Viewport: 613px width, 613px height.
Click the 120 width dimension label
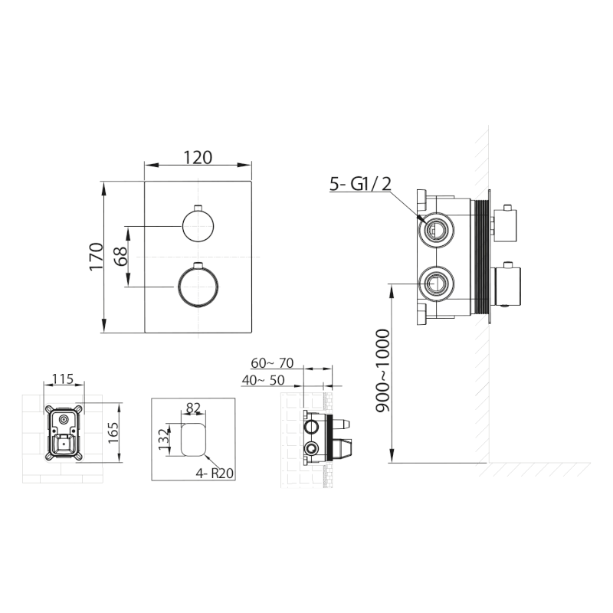198,157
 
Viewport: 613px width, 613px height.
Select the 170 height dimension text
97,256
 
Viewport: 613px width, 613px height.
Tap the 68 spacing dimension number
121,257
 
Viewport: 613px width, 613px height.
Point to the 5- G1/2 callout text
360,184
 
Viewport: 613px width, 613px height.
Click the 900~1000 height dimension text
382,371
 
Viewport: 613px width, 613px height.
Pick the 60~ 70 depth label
272,363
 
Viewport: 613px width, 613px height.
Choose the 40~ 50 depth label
263,380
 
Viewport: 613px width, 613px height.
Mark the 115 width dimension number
63,379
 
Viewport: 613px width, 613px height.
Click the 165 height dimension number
113,432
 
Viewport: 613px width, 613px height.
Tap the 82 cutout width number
193,408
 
